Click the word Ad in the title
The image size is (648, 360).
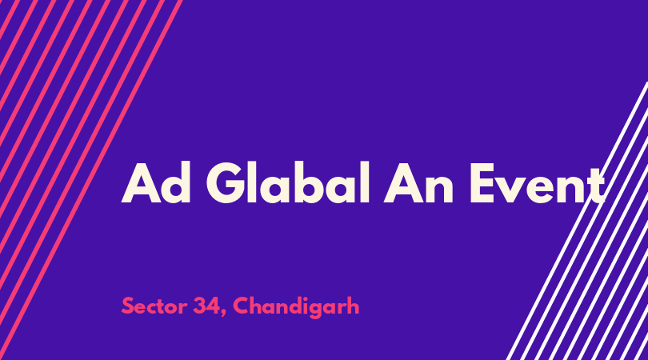point(156,182)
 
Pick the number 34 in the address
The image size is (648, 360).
point(206,306)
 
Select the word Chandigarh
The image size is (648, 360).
point(296,307)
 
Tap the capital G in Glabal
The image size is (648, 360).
point(225,182)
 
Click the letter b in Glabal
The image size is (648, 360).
point(322,182)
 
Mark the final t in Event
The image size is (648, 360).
point(595,186)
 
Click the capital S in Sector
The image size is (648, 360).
point(128,306)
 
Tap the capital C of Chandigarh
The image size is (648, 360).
point(242,306)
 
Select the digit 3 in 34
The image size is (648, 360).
point(199,306)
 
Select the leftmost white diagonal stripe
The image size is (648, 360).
point(577,221)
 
